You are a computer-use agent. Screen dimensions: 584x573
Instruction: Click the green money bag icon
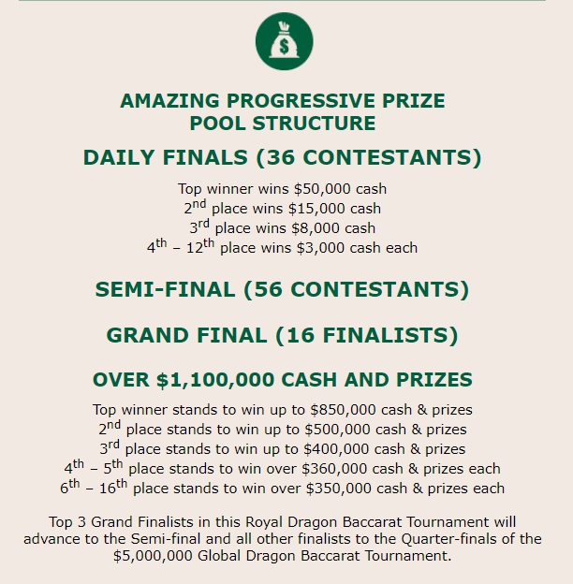coord(284,42)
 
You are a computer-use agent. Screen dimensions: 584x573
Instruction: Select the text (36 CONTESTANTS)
coord(371,157)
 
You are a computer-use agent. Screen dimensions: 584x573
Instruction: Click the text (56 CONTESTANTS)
coord(357,290)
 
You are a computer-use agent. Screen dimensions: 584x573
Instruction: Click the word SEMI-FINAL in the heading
coord(165,290)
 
